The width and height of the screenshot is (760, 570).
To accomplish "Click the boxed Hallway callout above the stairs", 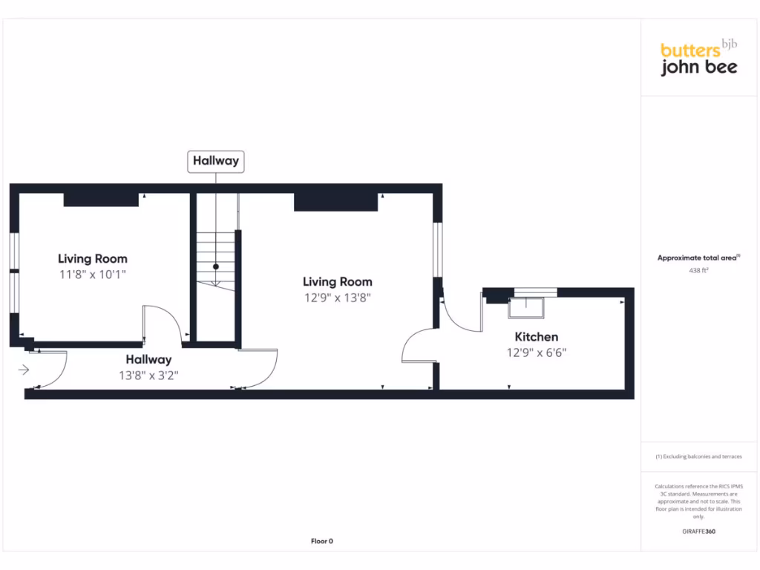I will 215,161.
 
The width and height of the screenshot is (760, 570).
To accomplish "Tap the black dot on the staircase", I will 216,266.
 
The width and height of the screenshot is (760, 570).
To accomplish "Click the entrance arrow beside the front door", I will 24,369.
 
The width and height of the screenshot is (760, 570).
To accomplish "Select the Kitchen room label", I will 536,337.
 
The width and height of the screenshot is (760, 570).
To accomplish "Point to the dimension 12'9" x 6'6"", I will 536,353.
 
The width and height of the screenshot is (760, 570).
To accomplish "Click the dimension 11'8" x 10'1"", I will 93,275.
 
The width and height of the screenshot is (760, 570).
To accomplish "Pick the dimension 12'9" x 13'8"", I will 337,298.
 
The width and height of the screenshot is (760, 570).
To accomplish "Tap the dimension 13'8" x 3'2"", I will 148,376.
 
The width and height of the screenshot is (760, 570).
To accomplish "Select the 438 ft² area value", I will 699,271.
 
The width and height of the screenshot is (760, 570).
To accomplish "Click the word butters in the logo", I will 690,50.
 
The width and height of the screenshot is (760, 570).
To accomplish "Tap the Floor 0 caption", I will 321,542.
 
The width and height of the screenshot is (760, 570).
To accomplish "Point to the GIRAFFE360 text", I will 698,531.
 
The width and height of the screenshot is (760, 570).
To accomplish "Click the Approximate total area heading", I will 698,258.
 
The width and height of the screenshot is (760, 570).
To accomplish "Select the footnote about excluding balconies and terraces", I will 698,456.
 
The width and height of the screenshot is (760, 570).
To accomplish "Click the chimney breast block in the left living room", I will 101,199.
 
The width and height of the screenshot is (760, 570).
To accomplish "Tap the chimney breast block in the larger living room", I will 335,201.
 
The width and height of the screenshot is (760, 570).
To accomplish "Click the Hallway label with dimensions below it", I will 148,360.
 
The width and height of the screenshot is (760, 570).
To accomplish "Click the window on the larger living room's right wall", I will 438,249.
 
